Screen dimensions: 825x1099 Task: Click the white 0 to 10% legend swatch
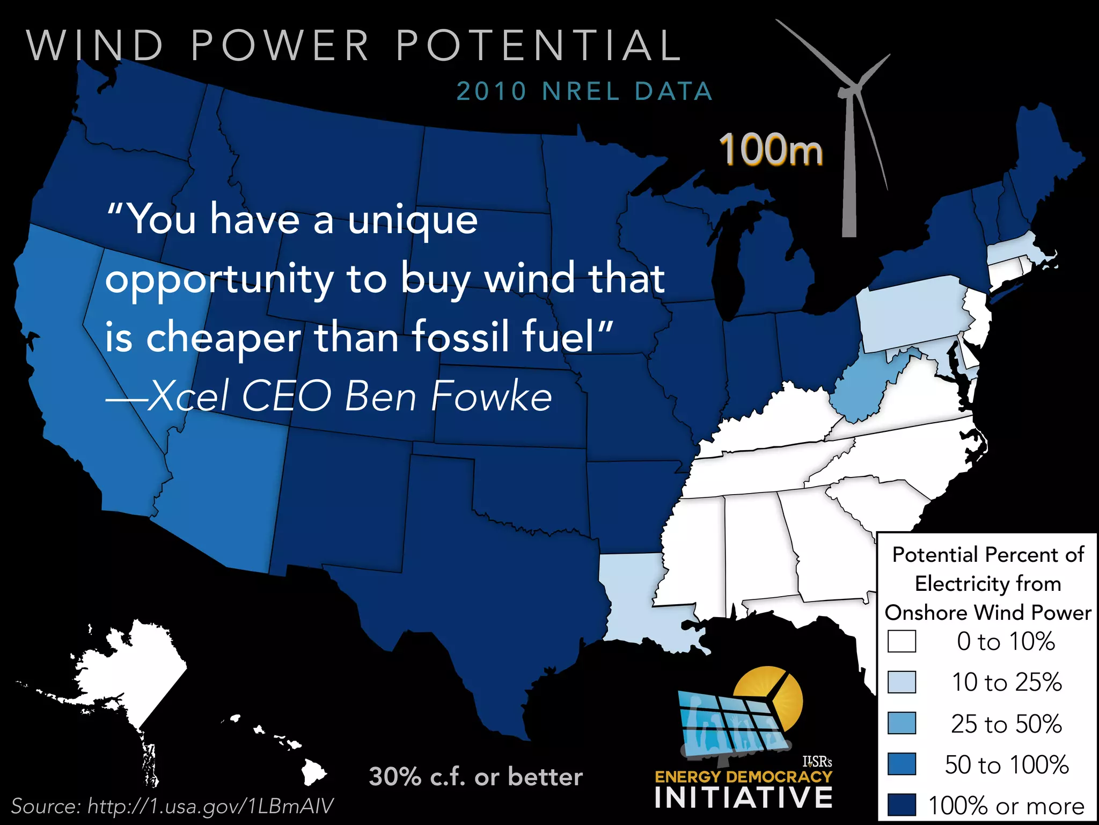coord(902,641)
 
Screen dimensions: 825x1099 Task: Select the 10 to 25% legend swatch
coord(902,682)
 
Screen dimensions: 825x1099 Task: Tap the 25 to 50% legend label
coord(1006,723)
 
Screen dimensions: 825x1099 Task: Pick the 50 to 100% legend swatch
coord(902,764)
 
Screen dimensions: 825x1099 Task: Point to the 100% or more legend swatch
coord(902,805)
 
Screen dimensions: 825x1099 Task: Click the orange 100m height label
coord(771,150)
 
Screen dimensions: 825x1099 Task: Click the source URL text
coord(172,806)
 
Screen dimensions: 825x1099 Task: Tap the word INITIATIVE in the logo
coord(743,798)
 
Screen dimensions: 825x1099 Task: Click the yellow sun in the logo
coord(773,693)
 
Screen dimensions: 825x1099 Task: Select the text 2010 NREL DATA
coord(584,91)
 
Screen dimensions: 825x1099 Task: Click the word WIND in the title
coord(94,45)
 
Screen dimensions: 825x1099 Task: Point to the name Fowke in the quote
coord(491,396)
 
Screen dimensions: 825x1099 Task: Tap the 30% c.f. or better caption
coord(475,777)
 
